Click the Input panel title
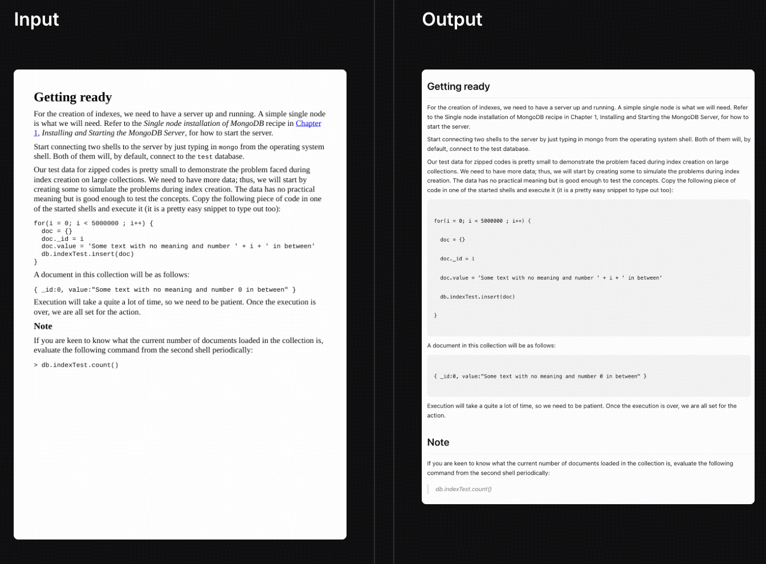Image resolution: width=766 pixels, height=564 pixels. (36, 19)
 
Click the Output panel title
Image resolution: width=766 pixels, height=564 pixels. (452, 19)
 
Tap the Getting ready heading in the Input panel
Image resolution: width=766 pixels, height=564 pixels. (73, 97)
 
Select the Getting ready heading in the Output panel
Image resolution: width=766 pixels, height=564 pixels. (458, 87)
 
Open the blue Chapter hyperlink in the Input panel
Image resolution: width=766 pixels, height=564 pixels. (308, 123)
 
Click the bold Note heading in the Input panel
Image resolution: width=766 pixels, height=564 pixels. (43, 326)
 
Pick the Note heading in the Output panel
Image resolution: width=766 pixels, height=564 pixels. (438, 443)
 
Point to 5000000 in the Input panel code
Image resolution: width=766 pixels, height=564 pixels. (105, 223)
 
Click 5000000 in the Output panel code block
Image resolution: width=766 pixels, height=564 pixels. (491, 221)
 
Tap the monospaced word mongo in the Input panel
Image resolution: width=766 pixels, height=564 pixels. (229, 147)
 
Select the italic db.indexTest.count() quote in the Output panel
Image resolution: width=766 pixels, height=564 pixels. (463, 489)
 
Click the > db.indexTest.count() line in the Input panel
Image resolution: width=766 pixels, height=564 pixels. (76, 365)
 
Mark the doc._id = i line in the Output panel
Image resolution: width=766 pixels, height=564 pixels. (457, 259)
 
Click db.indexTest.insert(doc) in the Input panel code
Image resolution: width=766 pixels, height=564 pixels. (87, 254)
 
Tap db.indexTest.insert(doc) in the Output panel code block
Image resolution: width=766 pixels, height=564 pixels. (477, 297)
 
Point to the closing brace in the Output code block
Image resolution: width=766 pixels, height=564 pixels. (435, 316)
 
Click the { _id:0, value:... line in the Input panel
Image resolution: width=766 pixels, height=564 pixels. (165, 290)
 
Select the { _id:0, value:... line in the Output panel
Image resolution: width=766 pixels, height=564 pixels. (540, 377)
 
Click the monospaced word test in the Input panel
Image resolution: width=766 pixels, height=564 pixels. (205, 157)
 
